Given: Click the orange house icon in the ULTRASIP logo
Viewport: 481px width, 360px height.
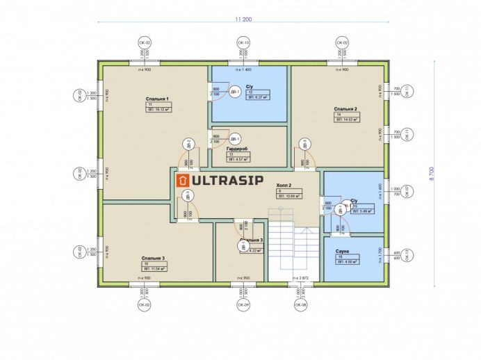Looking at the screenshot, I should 184,181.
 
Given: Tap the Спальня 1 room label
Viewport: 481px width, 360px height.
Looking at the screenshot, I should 157,99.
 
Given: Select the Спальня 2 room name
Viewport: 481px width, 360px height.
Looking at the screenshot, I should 345,109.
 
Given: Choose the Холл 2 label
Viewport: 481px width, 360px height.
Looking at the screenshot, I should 284,186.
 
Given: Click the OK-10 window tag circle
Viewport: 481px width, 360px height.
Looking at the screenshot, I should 245,43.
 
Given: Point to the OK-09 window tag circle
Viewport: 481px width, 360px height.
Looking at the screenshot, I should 245,304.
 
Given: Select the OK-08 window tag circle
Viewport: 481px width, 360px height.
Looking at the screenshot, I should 301,304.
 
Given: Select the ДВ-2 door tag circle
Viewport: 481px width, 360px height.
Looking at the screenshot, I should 188,144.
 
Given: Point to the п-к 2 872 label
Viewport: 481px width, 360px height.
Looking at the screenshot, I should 300,278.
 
